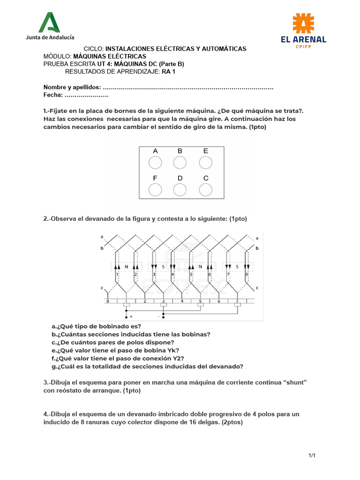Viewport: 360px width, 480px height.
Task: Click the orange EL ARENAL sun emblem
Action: pyautogui.click(x=303, y=23)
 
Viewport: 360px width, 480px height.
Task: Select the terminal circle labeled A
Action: pyautogui.click(x=155, y=163)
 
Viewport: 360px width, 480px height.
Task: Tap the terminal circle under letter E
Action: pyautogui.click(x=206, y=163)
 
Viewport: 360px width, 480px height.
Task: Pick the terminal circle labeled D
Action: pyautogui.click(x=180, y=189)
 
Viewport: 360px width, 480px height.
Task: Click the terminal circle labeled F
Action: pyautogui.click(x=155, y=189)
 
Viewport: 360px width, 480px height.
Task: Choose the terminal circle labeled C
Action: pyautogui.click(x=206, y=189)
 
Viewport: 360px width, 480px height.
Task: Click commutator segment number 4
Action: pyautogui.click(x=182, y=301)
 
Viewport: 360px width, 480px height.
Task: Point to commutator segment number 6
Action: pyautogui.click(x=218, y=301)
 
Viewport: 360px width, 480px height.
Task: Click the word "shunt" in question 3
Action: pyautogui.click(x=293, y=382)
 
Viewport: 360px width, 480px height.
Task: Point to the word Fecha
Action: pyautogui.click(x=52, y=95)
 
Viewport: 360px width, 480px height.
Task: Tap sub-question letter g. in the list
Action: pyautogui.click(x=54, y=366)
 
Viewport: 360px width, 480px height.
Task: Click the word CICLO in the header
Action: pyautogui.click(x=93, y=49)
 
